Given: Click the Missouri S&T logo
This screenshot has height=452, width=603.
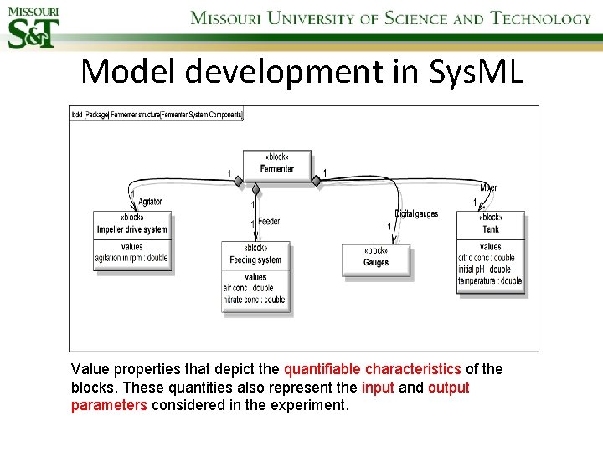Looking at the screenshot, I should coord(31,25).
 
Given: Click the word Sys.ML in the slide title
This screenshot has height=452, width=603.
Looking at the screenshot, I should coord(474,72).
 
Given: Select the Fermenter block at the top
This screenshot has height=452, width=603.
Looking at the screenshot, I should coord(277,168).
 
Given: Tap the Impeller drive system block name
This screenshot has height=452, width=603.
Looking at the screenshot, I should coord(131,229).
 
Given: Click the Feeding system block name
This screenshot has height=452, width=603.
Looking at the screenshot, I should coord(255,260).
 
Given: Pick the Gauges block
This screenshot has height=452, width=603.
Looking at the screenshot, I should coord(376,262).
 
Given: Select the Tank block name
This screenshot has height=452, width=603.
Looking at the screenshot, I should coord(491,229).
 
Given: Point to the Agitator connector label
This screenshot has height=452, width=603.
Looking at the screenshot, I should coord(150,202).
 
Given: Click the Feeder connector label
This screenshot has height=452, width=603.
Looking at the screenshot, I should coord(269,222).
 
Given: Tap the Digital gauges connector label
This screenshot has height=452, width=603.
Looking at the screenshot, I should coord(416,214).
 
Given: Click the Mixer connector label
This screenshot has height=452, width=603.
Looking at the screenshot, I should coord(488,187).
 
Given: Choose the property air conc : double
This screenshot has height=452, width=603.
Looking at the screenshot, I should coord(248,288).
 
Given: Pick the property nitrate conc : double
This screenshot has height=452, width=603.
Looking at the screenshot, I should coord(254,300).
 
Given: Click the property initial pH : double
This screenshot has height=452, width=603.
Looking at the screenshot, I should coord(484,270).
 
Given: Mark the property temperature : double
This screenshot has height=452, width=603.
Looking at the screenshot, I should coord(490,281).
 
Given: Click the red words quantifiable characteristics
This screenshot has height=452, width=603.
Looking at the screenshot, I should coord(372,369).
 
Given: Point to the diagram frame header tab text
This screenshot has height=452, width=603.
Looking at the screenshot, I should coord(157,114).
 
